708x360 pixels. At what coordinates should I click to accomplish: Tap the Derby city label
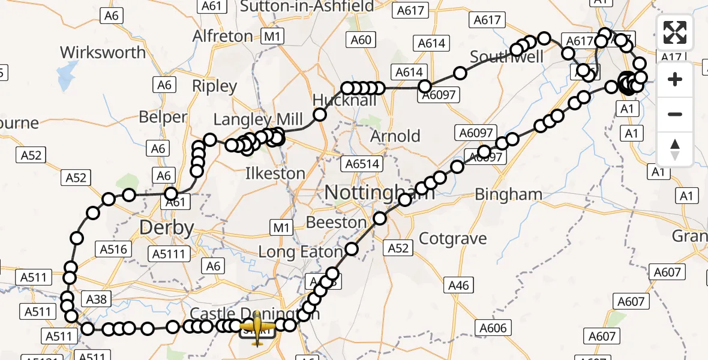[x=167, y=227]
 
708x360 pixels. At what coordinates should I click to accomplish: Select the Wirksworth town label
[x=103, y=52]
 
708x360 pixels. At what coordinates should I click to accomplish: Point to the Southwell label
[x=506, y=58]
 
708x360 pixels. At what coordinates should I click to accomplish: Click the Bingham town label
[x=508, y=194]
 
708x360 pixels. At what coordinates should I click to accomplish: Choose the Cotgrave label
[x=452, y=238]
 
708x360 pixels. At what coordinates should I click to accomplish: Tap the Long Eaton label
[x=299, y=251]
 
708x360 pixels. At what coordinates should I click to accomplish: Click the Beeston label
[x=336, y=222]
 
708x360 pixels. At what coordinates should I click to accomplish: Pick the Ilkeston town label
[x=275, y=173]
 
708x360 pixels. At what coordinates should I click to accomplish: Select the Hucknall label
[x=345, y=100]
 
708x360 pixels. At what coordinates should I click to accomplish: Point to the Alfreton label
[x=223, y=36]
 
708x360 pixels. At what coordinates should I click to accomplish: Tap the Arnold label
[x=395, y=136]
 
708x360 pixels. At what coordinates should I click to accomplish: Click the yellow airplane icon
[x=257, y=328]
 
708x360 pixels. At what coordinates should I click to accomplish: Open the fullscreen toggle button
[x=675, y=33]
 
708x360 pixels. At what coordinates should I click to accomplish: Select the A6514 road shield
[x=361, y=163]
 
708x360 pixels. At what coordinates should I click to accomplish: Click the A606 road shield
[x=494, y=328]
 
